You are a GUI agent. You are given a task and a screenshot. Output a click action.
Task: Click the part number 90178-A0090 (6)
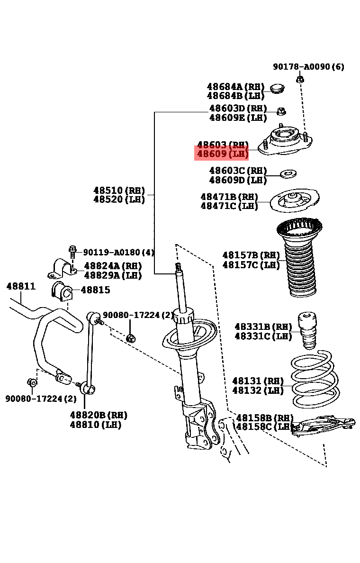pos(308,67)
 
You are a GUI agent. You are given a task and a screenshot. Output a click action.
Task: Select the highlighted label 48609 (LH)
pos(222,154)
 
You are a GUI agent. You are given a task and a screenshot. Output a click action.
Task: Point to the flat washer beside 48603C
pos(287,174)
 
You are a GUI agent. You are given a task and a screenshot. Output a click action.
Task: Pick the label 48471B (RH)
pos(229,197)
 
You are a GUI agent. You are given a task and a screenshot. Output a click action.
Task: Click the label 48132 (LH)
pos(258,390)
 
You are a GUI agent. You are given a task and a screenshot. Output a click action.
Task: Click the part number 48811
pos(20,286)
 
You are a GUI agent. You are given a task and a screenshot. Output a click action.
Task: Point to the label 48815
pos(95,290)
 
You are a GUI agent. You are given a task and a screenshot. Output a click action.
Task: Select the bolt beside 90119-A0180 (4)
pos(72,251)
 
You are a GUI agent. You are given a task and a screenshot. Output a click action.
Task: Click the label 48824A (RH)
pos(113,266)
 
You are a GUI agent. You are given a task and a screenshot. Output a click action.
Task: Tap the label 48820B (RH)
pos(99,415)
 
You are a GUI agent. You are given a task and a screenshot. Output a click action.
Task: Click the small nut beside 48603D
pos(280,111)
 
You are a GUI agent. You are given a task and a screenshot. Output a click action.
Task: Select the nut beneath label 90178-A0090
pos(299,79)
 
